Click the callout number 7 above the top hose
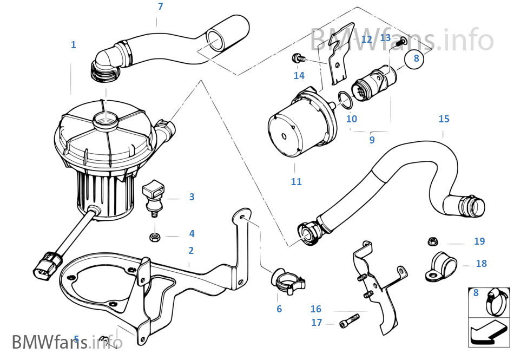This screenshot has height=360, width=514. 160,7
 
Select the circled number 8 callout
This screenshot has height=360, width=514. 416,58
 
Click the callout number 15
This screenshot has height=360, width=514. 444,119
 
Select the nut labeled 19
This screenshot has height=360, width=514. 433,242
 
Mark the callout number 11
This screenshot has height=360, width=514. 296,182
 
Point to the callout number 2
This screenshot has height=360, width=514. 191,251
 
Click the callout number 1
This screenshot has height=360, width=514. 73,45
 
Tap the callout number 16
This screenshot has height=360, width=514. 316,309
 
